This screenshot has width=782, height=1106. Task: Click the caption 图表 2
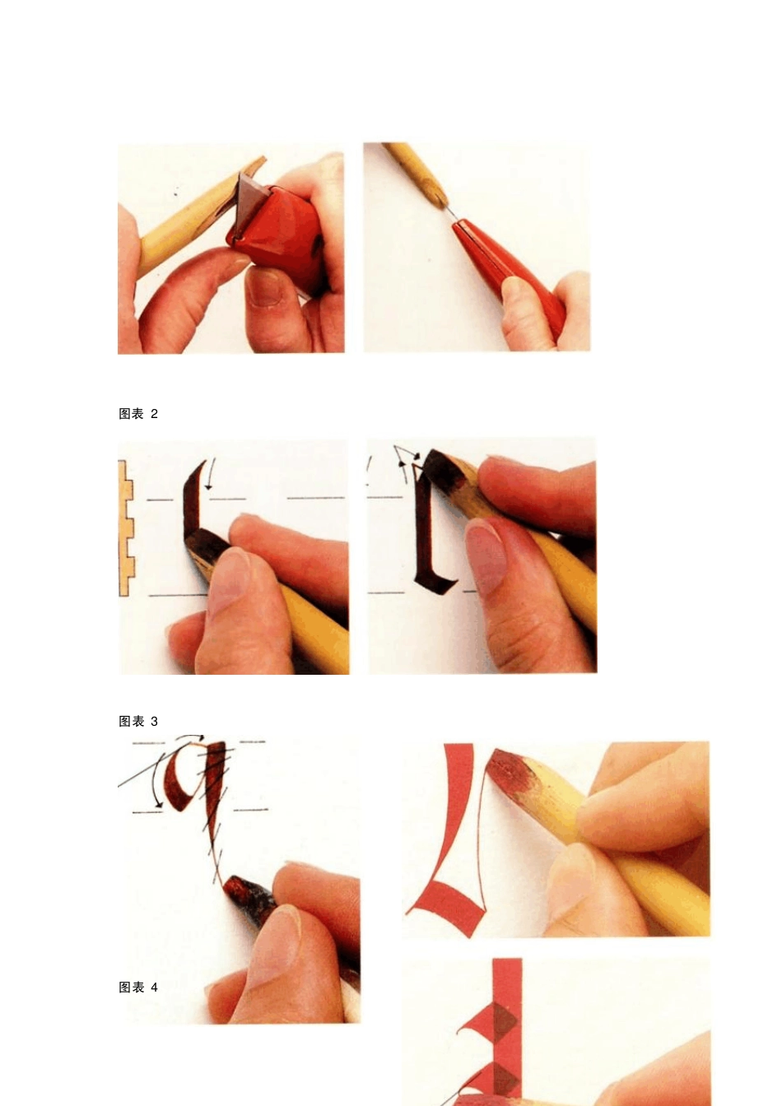click(138, 414)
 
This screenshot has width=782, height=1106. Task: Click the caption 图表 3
click(138, 722)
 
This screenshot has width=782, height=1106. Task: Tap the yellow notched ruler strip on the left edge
click(125, 527)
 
